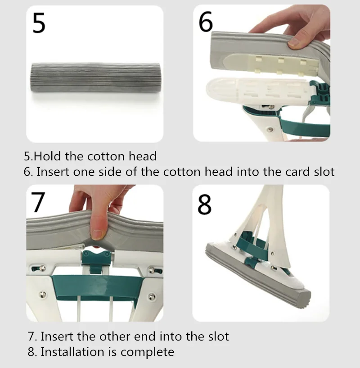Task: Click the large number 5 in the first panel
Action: [x=39, y=23]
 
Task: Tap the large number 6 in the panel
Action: [x=206, y=22]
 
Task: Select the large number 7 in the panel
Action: [x=38, y=202]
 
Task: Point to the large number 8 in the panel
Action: [x=204, y=204]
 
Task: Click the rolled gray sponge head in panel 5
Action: [x=96, y=77]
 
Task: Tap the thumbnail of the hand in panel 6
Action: [x=294, y=42]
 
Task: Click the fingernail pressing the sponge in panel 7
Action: [x=96, y=234]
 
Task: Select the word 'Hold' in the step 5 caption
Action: [x=47, y=156]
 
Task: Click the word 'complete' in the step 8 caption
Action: [x=147, y=352]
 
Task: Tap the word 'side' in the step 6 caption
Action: [x=110, y=172]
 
